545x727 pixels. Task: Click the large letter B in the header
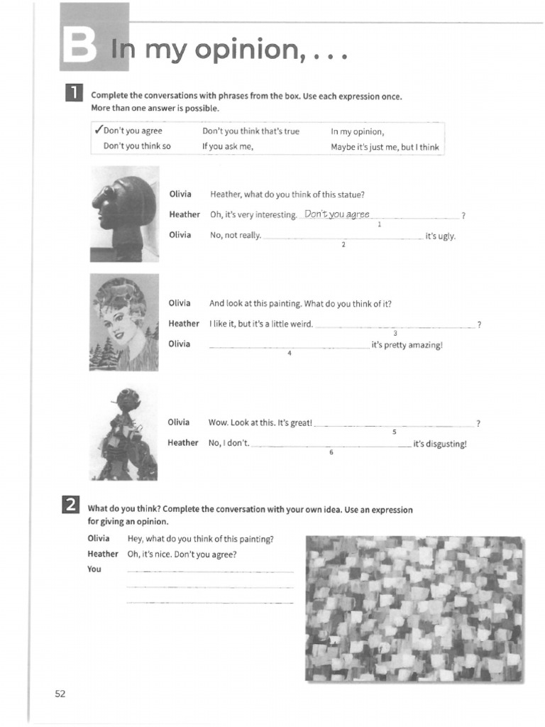(x=79, y=47)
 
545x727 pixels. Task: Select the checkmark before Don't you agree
(x=99, y=131)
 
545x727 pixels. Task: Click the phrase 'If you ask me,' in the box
(x=228, y=147)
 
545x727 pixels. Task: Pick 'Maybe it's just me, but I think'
(x=385, y=147)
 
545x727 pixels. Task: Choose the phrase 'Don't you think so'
(x=137, y=147)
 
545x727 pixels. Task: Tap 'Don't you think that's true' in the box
(x=251, y=131)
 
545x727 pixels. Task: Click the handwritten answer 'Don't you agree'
(x=337, y=214)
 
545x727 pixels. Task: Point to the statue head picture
(x=125, y=213)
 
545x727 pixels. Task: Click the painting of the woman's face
(x=123, y=322)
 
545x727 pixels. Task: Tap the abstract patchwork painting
(x=414, y=608)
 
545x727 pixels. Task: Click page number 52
(x=60, y=694)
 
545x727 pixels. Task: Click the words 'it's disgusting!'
(x=440, y=444)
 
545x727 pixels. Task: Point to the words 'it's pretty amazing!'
(x=407, y=345)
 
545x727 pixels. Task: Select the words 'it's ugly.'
(x=440, y=236)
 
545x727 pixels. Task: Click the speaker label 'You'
(x=94, y=569)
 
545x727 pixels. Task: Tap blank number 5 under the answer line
(x=395, y=432)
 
